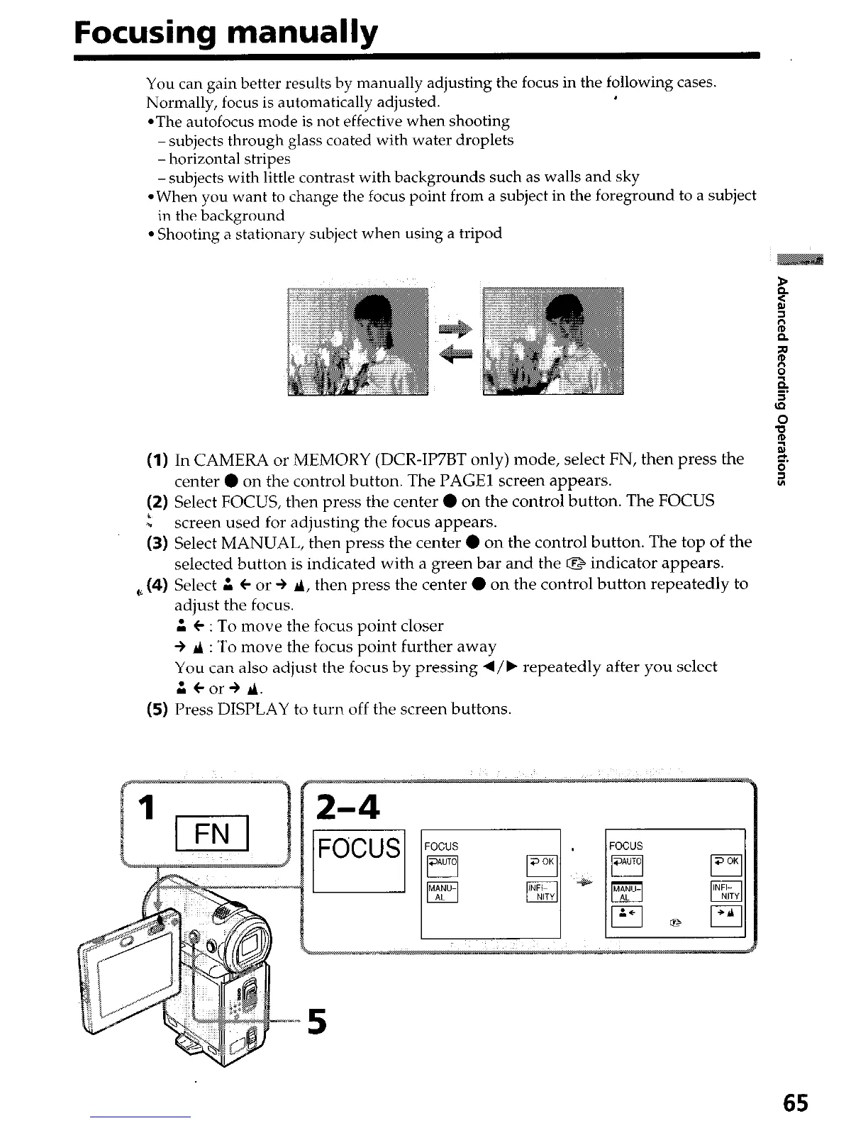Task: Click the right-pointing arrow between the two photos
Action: (x=455, y=328)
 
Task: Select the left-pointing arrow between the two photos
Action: (x=455, y=354)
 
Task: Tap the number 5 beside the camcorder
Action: (x=317, y=1022)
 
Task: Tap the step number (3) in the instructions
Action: (x=157, y=543)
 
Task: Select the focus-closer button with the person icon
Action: (x=626, y=917)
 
